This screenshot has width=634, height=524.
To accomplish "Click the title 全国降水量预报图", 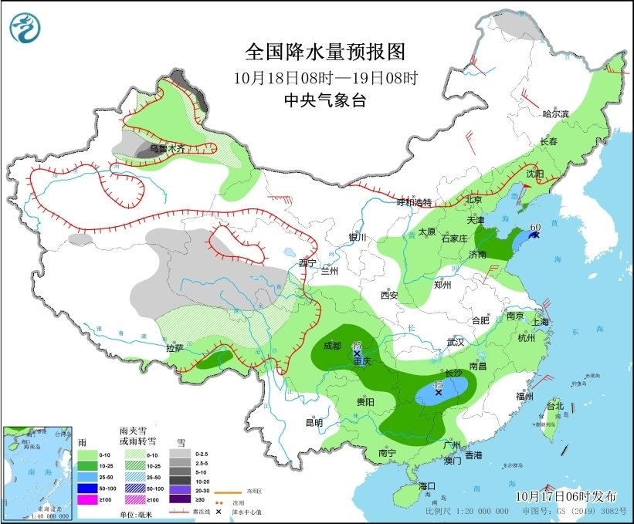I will (325, 52).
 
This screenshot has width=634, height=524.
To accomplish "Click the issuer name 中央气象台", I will (325, 100).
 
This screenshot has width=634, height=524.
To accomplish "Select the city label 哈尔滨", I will (555, 113).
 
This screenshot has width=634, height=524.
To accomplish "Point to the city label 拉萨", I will (175, 348).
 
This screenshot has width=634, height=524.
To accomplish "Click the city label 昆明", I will (314, 422).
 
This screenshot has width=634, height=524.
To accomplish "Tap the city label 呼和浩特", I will (413, 202).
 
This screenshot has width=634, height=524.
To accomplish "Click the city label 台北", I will (555, 406).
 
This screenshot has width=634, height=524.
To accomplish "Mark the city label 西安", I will (388, 295).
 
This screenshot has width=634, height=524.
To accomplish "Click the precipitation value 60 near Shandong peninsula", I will (534, 228).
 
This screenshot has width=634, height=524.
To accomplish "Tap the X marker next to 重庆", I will (357, 353).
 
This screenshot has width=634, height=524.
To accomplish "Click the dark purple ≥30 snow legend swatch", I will (178, 500).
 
